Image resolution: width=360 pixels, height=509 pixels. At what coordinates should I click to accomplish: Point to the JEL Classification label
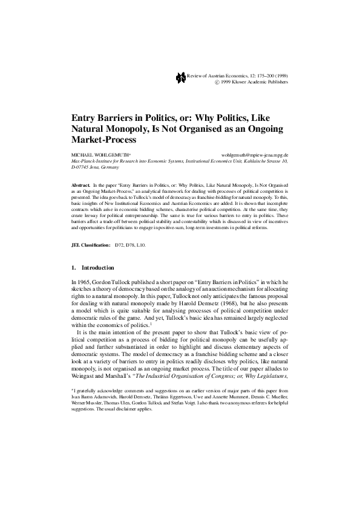pos(91,245)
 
